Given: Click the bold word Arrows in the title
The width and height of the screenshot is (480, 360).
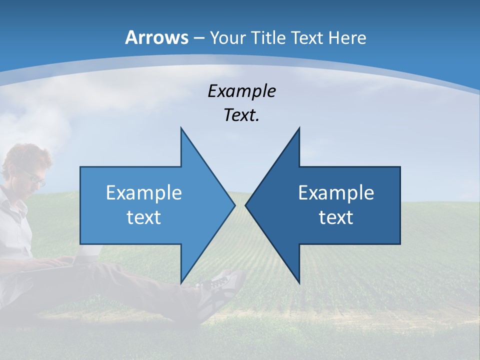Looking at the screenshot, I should [x=156, y=37].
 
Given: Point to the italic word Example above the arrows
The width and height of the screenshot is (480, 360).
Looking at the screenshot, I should [x=241, y=91].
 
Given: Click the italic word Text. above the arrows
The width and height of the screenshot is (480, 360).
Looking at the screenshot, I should [x=241, y=115].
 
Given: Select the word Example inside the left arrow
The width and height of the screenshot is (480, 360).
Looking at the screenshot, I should [x=144, y=192].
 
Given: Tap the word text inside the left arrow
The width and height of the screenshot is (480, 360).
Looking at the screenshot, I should [x=144, y=217].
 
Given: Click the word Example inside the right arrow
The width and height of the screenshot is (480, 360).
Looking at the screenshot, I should [x=336, y=192].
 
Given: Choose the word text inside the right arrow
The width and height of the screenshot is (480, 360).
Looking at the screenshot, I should [x=336, y=217].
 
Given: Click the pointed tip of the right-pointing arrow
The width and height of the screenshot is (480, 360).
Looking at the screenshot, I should [x=234, y=205].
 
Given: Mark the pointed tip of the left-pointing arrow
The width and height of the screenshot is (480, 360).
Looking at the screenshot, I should [x=245, y=205].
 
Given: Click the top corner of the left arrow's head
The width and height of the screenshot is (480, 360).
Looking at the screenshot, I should [x=181, y=128].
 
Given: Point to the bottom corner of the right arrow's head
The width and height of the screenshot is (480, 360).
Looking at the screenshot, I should [x=299, y=283].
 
